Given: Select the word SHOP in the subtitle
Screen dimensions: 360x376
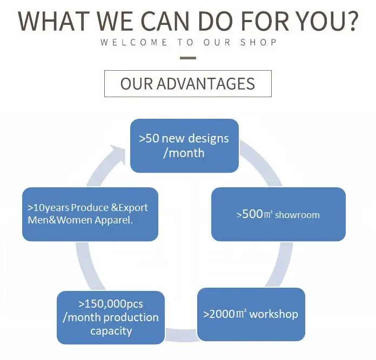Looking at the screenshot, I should point(263,43).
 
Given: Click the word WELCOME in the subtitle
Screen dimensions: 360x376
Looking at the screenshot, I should point(133,43).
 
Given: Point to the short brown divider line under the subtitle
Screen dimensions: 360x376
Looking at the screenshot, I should point(187,57).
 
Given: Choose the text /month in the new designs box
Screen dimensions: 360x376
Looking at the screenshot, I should point(184,153).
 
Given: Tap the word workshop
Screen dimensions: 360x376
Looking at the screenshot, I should point(274,314).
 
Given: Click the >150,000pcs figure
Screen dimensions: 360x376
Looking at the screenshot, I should point(110,304).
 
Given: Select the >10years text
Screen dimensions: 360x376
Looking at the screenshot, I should point(49,208).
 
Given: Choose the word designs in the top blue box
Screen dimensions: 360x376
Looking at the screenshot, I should point(207,139).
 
